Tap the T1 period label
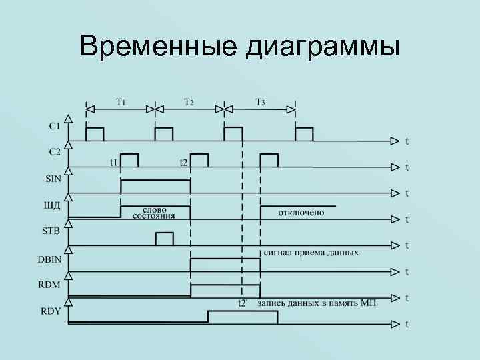click(121, 102)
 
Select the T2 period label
click(189, 102)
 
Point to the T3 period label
click(260, 102)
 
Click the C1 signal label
click(55, 125)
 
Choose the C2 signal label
click(55, 151)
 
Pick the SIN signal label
click(53, 178)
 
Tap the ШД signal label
click(52, 205)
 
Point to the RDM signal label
click(51, 283)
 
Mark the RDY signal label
click(51, 310)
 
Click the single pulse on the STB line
click(164, 238)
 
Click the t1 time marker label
click(114, 162)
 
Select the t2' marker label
click(244, 303)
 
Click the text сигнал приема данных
click(311, 253)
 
